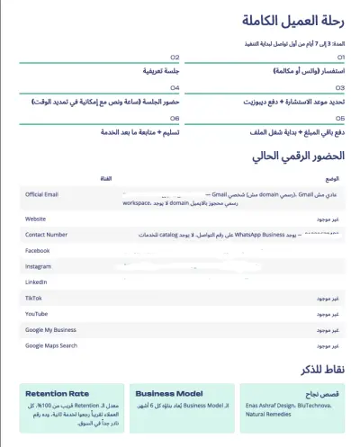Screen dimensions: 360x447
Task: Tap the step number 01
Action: (x=339, y=56)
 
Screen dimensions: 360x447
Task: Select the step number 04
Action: (x=175, y=88)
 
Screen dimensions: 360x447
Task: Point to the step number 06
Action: (x=175, y=118)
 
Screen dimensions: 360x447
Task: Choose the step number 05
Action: (x=339, y=118)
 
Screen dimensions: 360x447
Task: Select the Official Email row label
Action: (x=41, y=193)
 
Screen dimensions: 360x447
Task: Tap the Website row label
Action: (x=35, y=219)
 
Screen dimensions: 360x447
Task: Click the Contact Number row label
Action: (x=46, y=234)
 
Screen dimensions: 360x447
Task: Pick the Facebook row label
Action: (x=38, y=250)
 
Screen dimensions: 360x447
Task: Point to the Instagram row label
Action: (x=39, y=266)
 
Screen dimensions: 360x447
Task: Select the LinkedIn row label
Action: (x=36, y=282)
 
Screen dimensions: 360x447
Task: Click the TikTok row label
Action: (x=33, y=298)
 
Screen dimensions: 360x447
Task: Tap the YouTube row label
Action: (x=36, y=313)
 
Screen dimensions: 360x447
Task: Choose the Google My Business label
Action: (x=52, y=329)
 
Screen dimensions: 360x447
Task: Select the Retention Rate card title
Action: (x=57, y=394)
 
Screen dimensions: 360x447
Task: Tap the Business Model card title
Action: (x=168, y=394)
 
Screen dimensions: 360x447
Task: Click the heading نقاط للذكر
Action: (x=319, y=369)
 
